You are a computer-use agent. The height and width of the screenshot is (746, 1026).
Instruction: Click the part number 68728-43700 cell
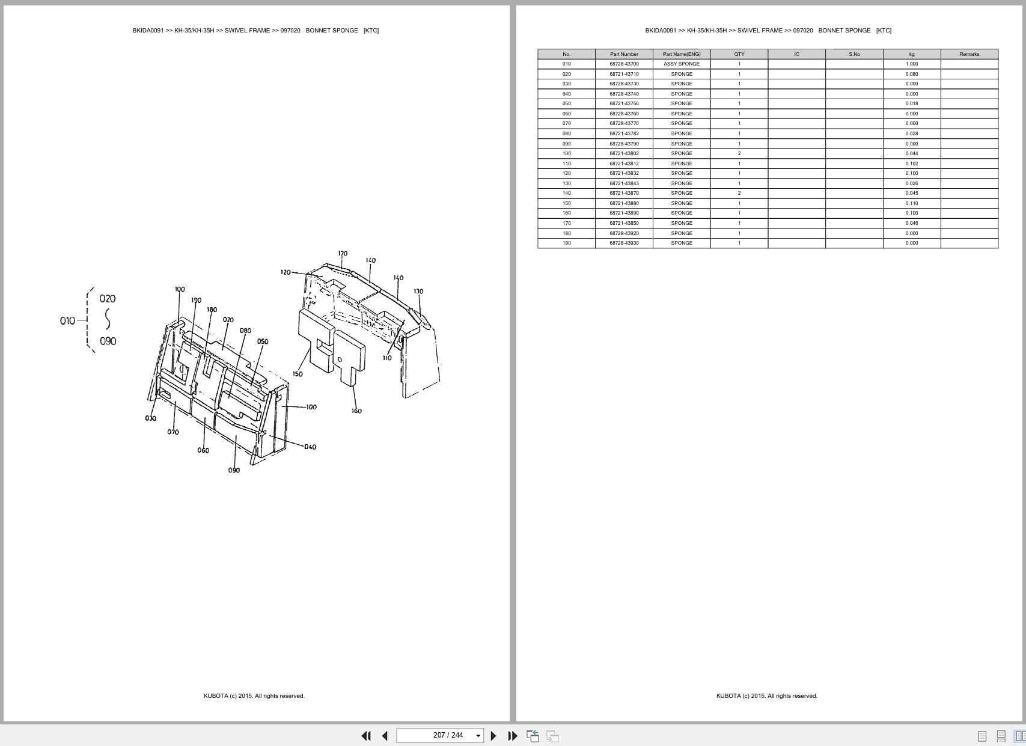(x=624, y=64)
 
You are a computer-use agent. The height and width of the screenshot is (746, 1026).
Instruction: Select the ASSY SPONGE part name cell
(x=682, y=64)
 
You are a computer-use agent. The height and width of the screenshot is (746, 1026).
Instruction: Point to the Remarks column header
(x=969, y=54)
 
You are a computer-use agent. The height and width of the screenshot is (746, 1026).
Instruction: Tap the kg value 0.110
(x=912, y=203)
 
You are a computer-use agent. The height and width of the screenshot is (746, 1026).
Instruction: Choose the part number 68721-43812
(x=624, y=164)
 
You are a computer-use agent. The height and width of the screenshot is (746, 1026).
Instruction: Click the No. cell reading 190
(x=566, y=243)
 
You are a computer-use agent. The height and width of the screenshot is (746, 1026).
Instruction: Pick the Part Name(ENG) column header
(x=682, y=54)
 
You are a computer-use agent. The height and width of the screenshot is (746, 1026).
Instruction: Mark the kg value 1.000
(x=912, y=64)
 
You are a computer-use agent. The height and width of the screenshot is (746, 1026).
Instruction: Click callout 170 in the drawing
(x=343, y=254)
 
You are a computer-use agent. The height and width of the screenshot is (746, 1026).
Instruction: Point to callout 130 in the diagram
(x=418, y=292)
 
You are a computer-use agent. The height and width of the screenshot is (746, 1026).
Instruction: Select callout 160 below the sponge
(x=356, y=411)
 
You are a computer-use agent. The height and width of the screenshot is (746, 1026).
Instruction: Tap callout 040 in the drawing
(x=310, y=447)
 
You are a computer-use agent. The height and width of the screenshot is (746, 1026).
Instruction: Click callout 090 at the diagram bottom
(x=234, y=470)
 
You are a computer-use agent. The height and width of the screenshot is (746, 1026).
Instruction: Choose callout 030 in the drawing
(x=150, y=418)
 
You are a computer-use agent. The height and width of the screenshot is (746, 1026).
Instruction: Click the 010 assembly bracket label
(x=67, y=321)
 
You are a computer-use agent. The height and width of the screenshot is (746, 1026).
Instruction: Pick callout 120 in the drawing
(x=286, y=272)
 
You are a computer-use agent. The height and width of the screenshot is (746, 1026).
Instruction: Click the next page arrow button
(x=493, y=736)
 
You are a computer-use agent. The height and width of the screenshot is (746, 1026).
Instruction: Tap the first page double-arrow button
(x=365, y=736)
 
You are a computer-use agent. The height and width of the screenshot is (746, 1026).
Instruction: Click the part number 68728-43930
(x=624, y=243)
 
